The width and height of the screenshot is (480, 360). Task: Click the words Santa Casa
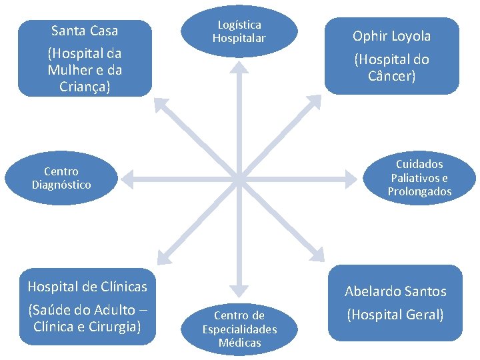(85, 31)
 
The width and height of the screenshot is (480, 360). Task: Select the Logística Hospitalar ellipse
(239, 31)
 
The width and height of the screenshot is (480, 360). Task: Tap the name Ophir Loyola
(392, 36)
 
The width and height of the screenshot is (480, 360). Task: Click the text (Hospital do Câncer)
(392, 67)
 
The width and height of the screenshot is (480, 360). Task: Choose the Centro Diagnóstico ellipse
(61, 178)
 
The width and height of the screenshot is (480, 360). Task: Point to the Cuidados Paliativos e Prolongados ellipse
(419, 178)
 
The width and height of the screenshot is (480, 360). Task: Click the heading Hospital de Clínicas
(87, 287)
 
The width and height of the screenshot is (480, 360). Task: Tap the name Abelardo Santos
(395, 291)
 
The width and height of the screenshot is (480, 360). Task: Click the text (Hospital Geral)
(395, 315)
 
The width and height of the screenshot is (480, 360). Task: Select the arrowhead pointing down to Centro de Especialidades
(239, 290)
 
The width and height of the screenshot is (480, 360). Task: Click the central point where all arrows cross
(239, 178)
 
